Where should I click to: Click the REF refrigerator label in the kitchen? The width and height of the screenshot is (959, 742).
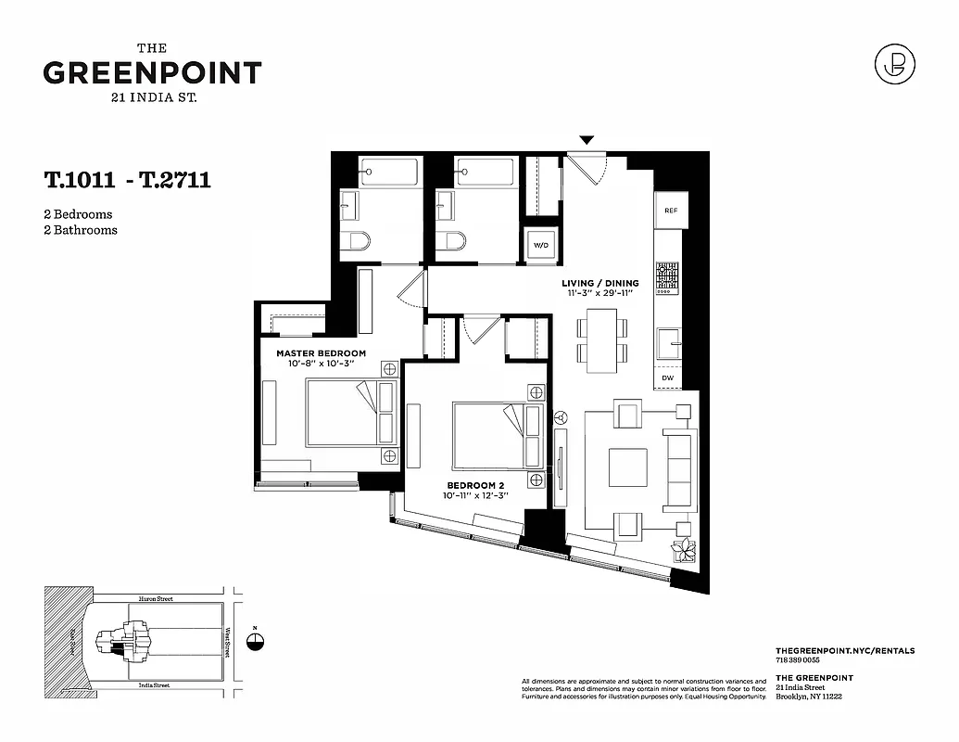point(671,211)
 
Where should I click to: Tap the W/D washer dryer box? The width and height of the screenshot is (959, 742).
point(540,246)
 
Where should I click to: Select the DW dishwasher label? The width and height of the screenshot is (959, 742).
point(668,377)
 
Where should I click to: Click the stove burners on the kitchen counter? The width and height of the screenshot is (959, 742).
point(667,275)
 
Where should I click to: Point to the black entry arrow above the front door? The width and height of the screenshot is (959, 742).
point(586,140)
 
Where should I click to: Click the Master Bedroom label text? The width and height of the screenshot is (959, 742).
point(321,353)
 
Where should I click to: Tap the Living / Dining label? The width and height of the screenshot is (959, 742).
point(600,283)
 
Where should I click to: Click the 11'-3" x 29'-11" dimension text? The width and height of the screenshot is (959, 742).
point(600,294)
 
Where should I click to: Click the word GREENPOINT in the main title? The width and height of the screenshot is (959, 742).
point(152,73)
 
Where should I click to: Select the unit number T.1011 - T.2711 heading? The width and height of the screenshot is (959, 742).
point(127,180)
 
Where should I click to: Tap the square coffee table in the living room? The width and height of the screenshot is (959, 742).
point(627,467)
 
